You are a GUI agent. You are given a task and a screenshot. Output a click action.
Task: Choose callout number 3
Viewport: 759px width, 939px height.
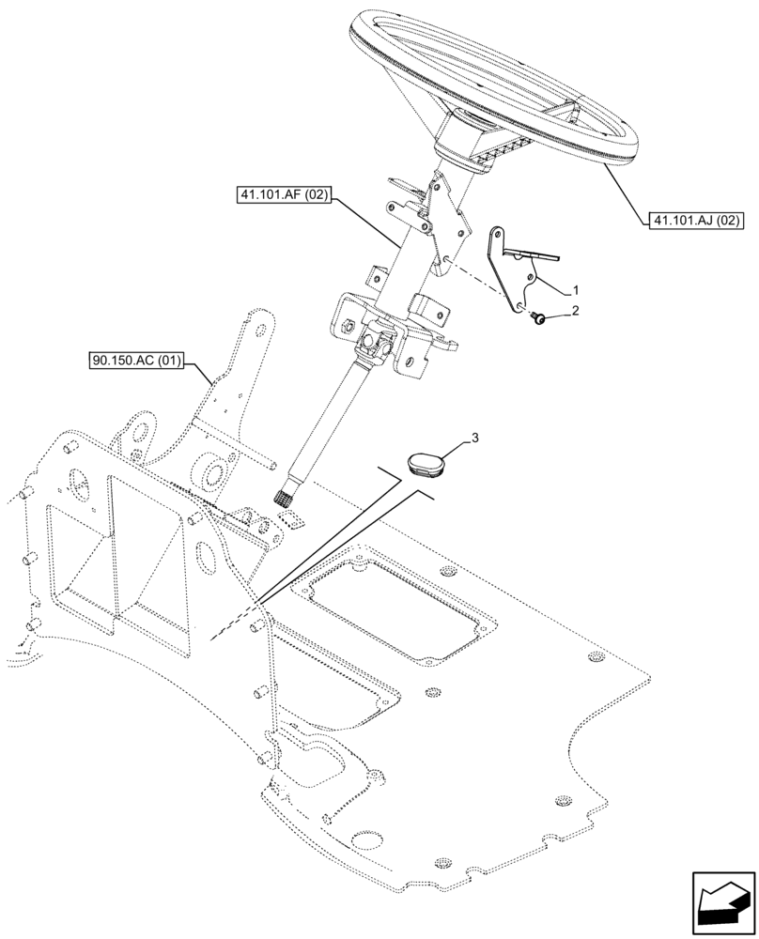(x=475, y=438)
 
